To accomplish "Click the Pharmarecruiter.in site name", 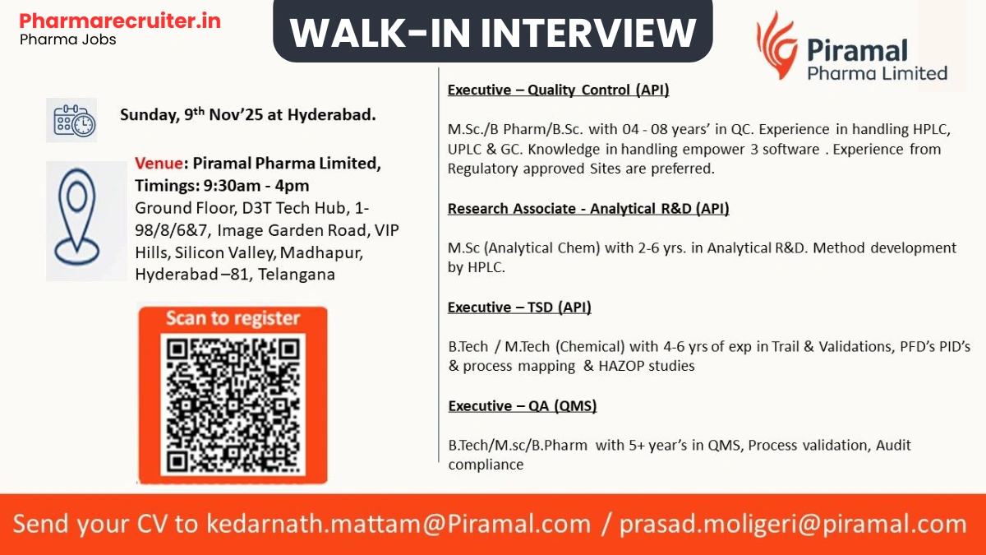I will tap(120, 20).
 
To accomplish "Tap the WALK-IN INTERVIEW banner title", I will tap(493, 33).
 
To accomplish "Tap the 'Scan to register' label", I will tap(233, 319).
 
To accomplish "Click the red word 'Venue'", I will tap(156, 164).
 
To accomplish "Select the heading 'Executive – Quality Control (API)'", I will tap(558, 90).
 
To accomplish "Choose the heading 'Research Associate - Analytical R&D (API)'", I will tap(588, 209).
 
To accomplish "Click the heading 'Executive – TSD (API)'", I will tap(519, 308).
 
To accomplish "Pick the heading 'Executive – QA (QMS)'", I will tap(523, 406).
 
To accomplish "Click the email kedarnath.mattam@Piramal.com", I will tap(399, 524).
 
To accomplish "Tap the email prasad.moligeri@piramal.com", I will tap(793, 524).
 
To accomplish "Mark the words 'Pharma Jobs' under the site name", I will tap(68, 39).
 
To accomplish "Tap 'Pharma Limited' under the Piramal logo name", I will tap(877, 73).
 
